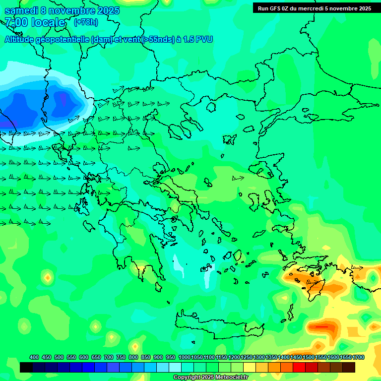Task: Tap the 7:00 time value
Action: [x=16, y=22]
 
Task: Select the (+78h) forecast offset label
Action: [x=86, y=22]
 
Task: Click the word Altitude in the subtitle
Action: [x=22, y=40]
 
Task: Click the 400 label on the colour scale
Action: [x=34, y=358]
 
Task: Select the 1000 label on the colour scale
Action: [x=184, y=358]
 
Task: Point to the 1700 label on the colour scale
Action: [x=358, y=358]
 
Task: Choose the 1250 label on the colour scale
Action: [x=247, y=358]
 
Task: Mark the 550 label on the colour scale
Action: [x=71, y=358]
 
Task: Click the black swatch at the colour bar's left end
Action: [x=26, y=367]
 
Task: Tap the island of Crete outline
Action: [x=218, y=322]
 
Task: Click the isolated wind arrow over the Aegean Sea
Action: [x=238, y=178]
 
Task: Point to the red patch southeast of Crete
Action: [x=322, y=327]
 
